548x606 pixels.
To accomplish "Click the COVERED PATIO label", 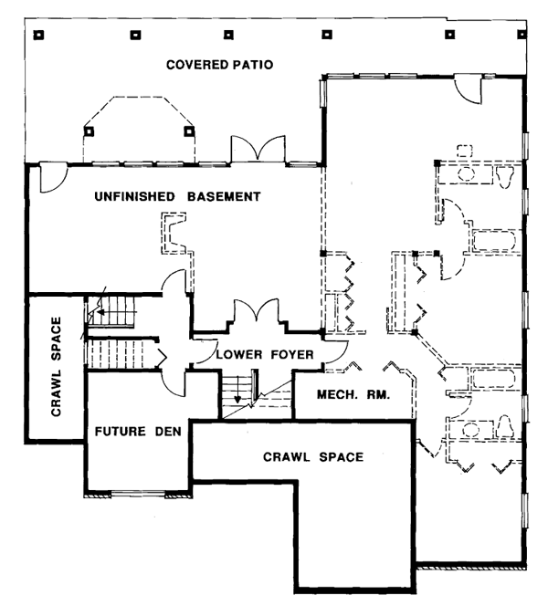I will tap(220, 65).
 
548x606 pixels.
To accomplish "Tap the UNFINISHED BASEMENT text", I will tap(178, 196).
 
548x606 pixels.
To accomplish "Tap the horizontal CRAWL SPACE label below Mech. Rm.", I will tap(313, 455).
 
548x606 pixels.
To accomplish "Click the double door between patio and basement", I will tap(249, 150).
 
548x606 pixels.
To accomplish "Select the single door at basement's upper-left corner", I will tap(50, 177).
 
